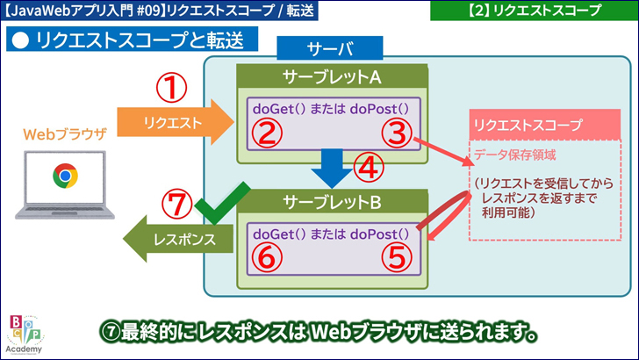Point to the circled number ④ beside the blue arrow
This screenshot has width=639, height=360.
point(370,165)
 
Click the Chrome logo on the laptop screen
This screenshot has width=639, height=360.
point(63,176)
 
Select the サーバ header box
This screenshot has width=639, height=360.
point(330,49)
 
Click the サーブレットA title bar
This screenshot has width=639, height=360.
point(331,77)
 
